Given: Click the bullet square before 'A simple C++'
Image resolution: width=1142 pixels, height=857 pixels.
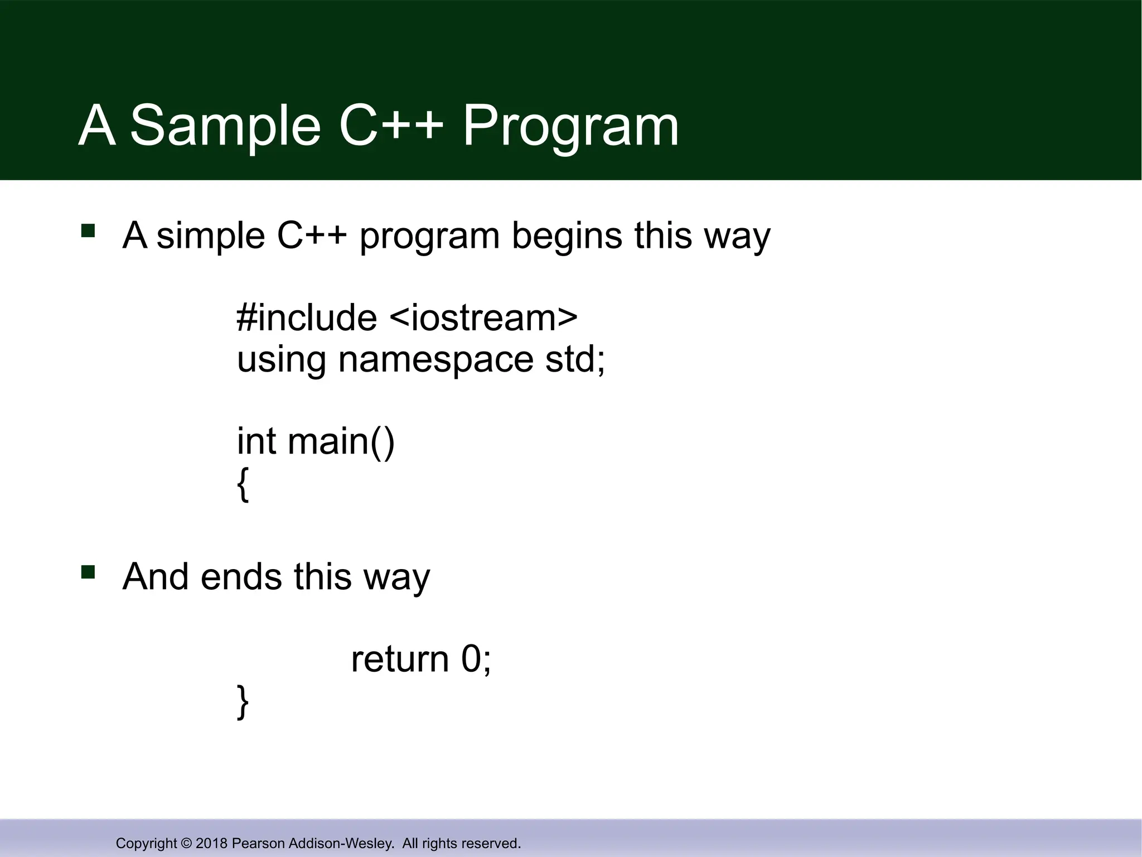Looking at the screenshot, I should (89, 230).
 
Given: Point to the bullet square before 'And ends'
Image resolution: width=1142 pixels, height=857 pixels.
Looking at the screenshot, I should (89, 572).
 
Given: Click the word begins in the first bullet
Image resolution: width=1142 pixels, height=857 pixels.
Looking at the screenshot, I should (567, 236).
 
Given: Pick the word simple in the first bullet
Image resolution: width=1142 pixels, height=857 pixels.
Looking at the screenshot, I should (211, 236).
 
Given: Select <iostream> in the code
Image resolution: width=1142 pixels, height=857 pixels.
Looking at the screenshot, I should (483, 318).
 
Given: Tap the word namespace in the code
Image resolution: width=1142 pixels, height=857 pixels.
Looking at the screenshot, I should (435, 359).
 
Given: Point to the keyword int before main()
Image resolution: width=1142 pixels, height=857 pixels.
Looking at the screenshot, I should (257, 441).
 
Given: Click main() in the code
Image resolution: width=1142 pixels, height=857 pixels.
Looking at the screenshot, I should (341, 441).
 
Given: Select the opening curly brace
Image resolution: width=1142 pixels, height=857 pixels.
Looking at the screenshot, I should (243, 484).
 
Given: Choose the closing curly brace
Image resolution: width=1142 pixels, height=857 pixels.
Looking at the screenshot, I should (243, 702).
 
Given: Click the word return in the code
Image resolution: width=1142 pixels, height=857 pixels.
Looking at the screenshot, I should (400, 659).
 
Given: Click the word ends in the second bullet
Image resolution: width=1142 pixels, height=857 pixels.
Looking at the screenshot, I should (241, 577).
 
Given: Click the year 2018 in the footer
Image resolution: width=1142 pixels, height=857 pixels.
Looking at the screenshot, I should (211, 843).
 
